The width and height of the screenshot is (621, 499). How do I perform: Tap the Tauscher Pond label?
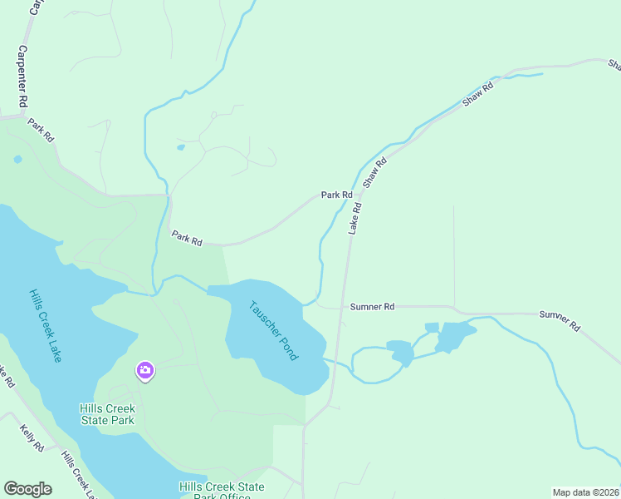pos(273,329)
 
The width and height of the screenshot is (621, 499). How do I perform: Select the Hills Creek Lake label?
pos(45,326)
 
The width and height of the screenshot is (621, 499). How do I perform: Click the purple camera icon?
pos(145,370)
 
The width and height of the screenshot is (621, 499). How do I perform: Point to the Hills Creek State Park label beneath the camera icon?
pos(107,414)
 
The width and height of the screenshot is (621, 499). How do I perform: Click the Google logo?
pos(27,489)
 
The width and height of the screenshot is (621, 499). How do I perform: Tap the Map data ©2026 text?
pos(585,492)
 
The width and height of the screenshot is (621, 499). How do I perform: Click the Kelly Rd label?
pos(32,437)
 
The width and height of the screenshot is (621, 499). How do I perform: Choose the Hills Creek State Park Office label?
pos(222,492)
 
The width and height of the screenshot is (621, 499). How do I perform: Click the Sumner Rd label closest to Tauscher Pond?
pos(372,307)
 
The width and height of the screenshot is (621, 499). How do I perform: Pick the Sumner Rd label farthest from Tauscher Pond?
pos(560,320)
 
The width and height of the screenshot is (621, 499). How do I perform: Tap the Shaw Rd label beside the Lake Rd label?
pos(376,172)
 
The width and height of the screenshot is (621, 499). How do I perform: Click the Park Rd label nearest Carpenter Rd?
pos(41,130)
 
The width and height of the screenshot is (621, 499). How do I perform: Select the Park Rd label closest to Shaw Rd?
pos(337,195)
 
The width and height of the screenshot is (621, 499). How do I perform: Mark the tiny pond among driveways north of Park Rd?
pos(181,148)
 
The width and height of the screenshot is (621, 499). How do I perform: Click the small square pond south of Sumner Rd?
pos(432,328)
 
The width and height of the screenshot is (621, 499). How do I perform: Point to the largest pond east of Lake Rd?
pos(454,336)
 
